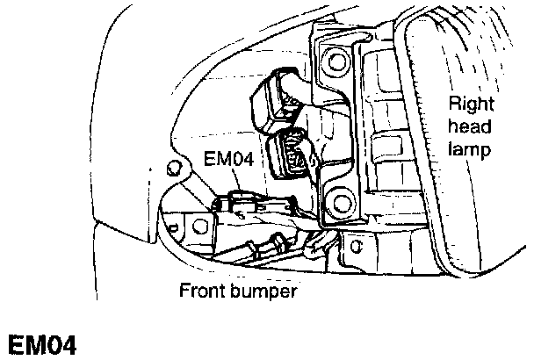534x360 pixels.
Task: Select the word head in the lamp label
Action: (x=466, y=129)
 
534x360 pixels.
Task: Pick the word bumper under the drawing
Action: (x=263, y=291)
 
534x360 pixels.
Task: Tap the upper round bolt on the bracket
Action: (x=334, y=61)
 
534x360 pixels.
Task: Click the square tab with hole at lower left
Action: (x=197, y=230)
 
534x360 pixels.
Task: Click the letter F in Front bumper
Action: (x=184, y=290)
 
